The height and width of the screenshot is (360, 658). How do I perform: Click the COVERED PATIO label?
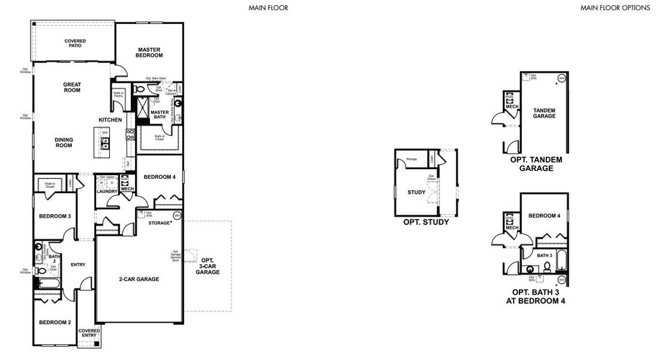75,43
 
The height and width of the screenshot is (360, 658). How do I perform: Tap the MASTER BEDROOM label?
150,52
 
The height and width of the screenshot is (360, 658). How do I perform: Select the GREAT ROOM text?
72,87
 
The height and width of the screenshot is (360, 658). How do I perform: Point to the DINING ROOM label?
64,142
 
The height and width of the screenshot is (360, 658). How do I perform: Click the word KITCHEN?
115,120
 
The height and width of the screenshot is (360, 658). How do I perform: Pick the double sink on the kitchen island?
105,143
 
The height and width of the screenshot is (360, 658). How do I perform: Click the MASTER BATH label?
159,115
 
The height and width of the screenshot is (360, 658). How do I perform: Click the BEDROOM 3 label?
55,216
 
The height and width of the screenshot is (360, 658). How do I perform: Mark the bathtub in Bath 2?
48,283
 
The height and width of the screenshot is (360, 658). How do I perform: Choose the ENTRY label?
78,265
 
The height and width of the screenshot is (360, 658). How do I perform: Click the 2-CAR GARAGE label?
139,279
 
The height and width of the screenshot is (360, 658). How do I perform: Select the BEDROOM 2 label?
55,322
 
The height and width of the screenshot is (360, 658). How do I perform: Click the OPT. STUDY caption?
426,221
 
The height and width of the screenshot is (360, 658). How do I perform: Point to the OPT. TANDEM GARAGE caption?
537,164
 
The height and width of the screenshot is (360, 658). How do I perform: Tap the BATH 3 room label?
544,256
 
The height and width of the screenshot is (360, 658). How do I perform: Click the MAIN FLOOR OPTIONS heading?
615,8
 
